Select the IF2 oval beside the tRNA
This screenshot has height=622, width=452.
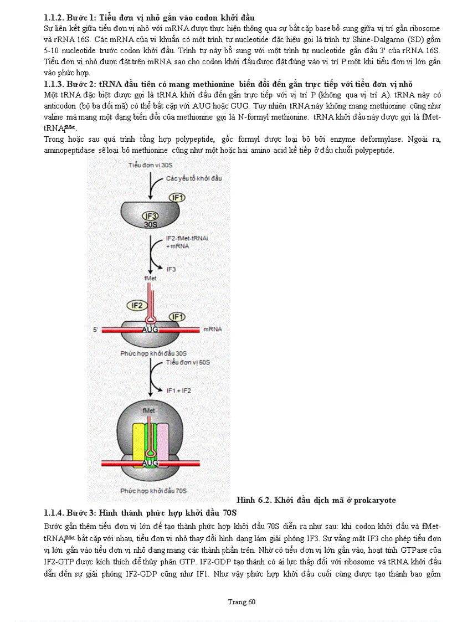136,305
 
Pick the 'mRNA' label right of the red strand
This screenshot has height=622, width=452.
213,329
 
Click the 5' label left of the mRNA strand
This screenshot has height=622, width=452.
96,330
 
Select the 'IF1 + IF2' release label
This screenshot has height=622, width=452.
178,390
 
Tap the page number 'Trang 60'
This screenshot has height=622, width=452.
242,602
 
